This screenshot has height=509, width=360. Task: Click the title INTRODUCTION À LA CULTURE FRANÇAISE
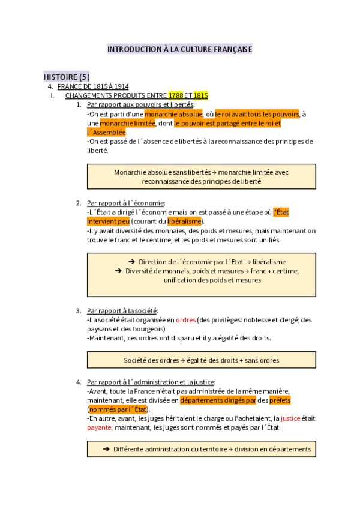[179, 49]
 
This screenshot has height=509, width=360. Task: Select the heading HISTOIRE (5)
[67, 77]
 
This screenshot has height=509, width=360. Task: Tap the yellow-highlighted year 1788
[176, 95]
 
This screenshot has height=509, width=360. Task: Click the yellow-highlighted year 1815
[200, 95]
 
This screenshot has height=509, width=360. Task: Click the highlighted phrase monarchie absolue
[174, 114]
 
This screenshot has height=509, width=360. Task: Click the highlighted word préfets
[279, 400]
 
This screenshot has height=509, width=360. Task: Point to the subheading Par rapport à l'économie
[125, 203]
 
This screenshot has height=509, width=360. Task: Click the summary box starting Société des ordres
[201, 360]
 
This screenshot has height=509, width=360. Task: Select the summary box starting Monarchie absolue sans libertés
[201, 176]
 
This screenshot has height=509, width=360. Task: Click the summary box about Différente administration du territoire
[201, 449]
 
